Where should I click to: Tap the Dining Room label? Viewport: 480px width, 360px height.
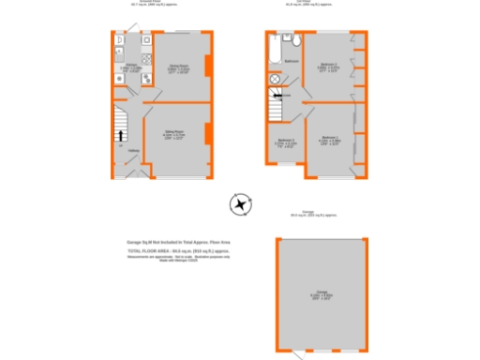tap(175, 67)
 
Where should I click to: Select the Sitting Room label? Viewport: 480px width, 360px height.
tap(174, 137)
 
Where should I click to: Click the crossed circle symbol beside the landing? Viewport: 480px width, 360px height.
tap(275, 80)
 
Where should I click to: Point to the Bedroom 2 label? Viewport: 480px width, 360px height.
tap(328, 67)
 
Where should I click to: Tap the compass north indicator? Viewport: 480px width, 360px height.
tap(241, 204)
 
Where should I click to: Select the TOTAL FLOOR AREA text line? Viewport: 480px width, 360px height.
tap(178, 250)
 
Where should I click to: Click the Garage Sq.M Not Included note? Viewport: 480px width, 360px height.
tap(178, 243)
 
